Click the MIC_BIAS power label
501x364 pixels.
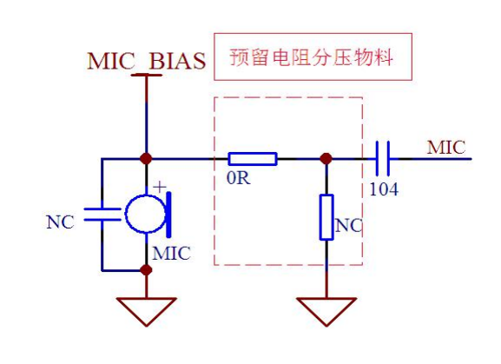pos(147,61)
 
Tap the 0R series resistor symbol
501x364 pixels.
pos(253,159)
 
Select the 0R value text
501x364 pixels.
pos(239,178)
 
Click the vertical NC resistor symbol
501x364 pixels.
pos(326,217)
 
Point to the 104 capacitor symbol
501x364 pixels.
pos(382,158)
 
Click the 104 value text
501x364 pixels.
pos(384,189)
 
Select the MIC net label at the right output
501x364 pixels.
pos(446,148)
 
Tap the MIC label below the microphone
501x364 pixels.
pos(171,254)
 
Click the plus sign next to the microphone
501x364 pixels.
pos(160,187)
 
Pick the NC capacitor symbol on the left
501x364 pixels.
pos(102,215)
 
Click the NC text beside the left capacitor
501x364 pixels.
pos(60,222)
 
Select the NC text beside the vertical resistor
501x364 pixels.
pos(348,226)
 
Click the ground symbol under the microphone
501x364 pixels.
pos(147,312)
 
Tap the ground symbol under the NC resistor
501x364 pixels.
pos(326,312)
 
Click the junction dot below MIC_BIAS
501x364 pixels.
pos(147,158)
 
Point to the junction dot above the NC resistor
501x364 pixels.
pos(326,158)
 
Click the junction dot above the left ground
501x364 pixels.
pos(147,270)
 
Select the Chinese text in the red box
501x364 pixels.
pos(311,57)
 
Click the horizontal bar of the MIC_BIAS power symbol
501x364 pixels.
pos(147,75)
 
